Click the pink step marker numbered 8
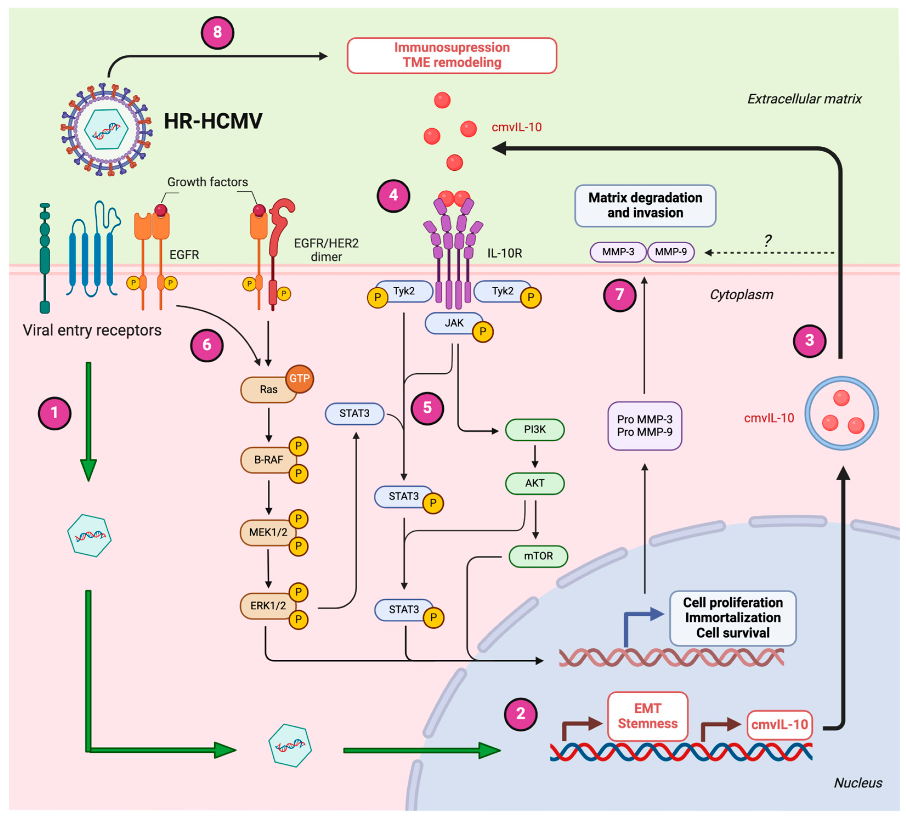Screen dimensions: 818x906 point(217,32)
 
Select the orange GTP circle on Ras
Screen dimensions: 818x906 point(299,379)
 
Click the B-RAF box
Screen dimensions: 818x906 point(268,460)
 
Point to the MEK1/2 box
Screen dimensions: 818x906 point(268,532)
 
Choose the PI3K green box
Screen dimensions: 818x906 point(534,430)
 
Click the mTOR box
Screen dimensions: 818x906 point(538,556)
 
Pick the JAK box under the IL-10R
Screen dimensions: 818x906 point(454,323)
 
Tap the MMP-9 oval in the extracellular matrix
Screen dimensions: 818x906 point(670,252)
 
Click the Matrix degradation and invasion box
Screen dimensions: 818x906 point(645,205)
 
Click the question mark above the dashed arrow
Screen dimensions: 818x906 point(768,241)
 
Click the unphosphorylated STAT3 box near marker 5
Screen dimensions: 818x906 point(354,413)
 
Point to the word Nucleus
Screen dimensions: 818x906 point(857,783)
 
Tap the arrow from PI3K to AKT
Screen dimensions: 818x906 point(534,456)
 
